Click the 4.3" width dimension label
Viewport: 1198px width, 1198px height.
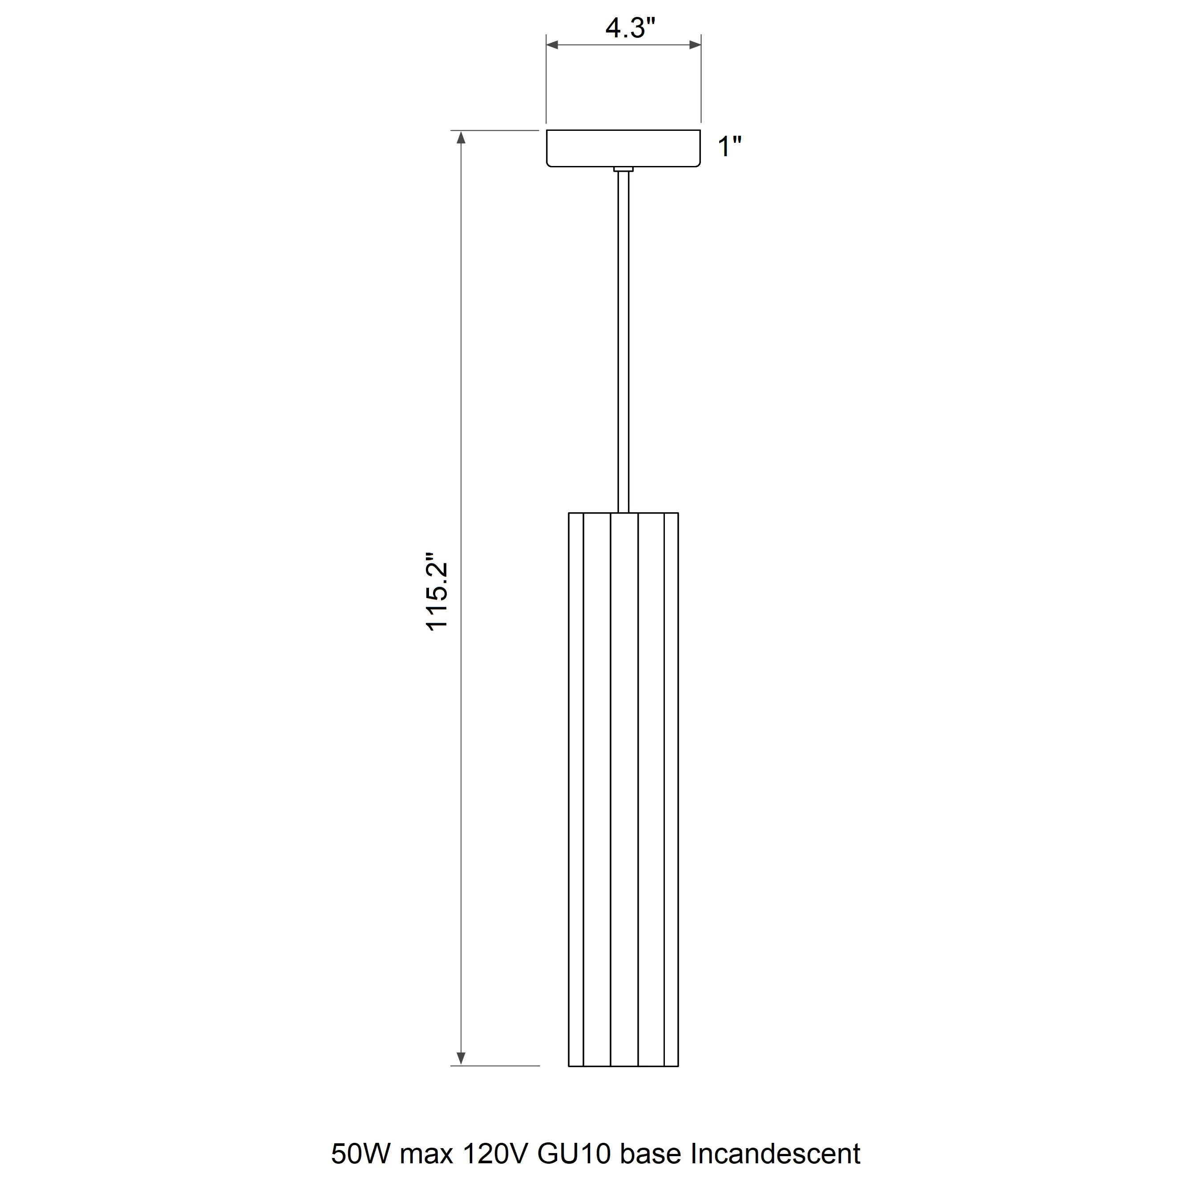point(630,28)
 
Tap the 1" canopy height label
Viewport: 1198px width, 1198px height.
point(730,147)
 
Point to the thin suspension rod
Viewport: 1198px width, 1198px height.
point(624,342)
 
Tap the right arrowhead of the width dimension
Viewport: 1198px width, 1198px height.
point(695,45)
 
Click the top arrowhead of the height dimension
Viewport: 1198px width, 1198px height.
point(461,137)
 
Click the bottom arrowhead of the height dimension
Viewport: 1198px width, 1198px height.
point(461,1058)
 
